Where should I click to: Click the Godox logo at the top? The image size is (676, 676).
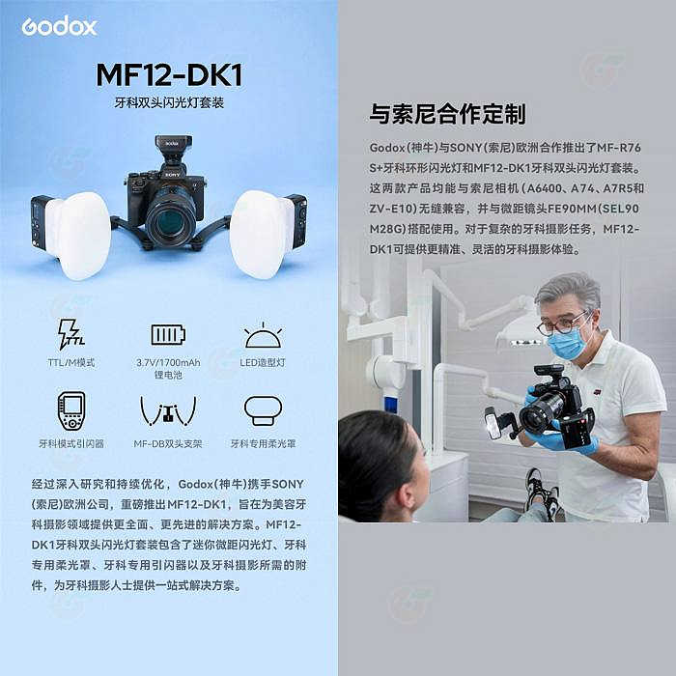tap(59, 26)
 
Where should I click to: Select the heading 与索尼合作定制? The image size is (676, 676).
tap(447, 115)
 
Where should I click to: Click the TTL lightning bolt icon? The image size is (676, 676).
tap(70, 334)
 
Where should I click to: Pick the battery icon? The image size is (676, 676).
tap(167, 334)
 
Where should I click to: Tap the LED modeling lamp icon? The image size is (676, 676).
tap(262, 335)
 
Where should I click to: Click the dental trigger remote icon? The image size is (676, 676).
tap(70, 410)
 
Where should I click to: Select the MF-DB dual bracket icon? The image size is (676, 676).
tap(167, 411)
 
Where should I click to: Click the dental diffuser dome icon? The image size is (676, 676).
tap(262, 409)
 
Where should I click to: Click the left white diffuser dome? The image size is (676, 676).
tap(77, 234)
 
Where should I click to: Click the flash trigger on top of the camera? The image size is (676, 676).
tap(172, 151)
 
